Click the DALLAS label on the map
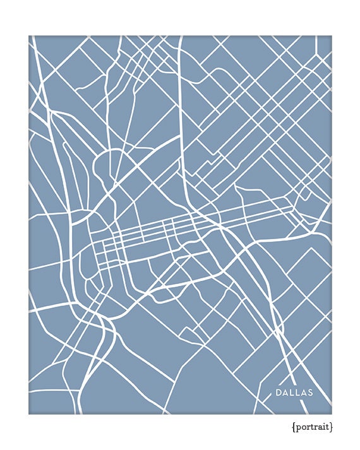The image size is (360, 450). (294, 393)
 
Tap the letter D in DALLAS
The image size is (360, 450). (279, 393)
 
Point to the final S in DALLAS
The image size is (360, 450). (309, 393)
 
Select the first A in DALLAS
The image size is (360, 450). (285, 393)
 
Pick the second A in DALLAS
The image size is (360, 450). (303, 393)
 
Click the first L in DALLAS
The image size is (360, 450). (292, 393)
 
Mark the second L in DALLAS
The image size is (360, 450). (297, 393)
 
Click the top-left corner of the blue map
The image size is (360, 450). (29, 36)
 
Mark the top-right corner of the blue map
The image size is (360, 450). (331, 36)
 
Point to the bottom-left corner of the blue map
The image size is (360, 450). (29, 413)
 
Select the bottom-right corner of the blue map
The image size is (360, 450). (331, 413)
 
